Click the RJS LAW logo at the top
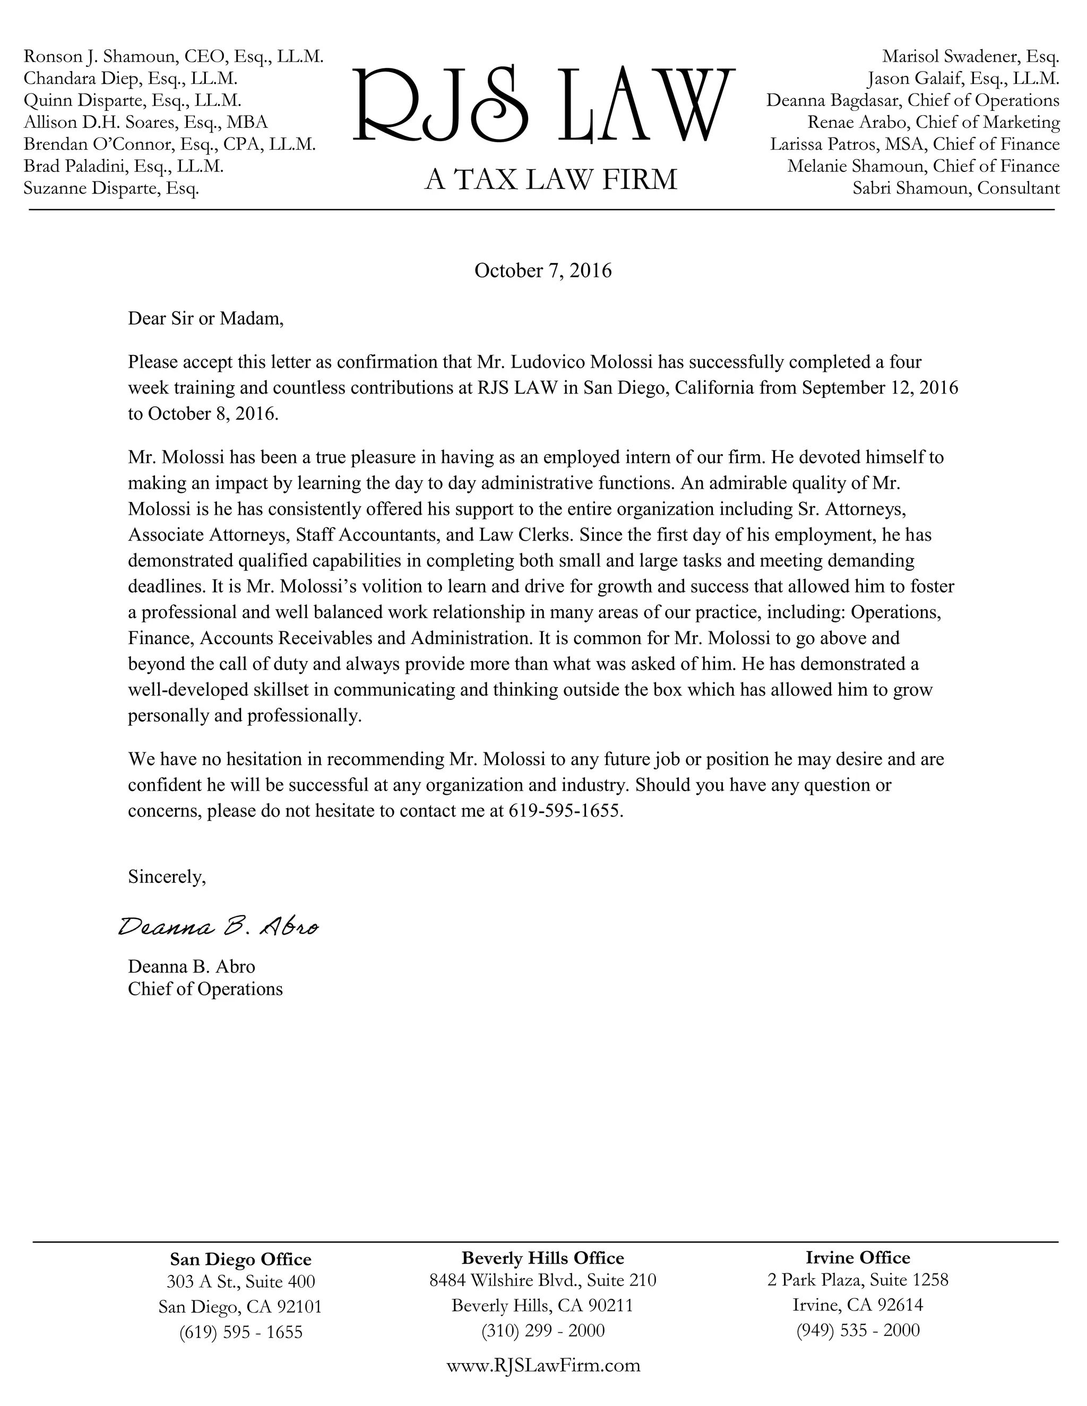(543, 105)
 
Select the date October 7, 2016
(543, 271)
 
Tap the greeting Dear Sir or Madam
(205, 318)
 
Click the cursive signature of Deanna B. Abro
(218, 927)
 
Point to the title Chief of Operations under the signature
(205, 988)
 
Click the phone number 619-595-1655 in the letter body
(565, 811)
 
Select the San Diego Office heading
(240, 1259)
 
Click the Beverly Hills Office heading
(542, 1257)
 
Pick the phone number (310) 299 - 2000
(543, 1330)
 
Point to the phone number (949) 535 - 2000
(858, 1330)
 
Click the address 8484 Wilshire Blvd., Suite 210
(542, 1280)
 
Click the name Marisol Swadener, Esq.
(970, 57)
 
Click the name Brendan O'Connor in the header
(99, 144)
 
